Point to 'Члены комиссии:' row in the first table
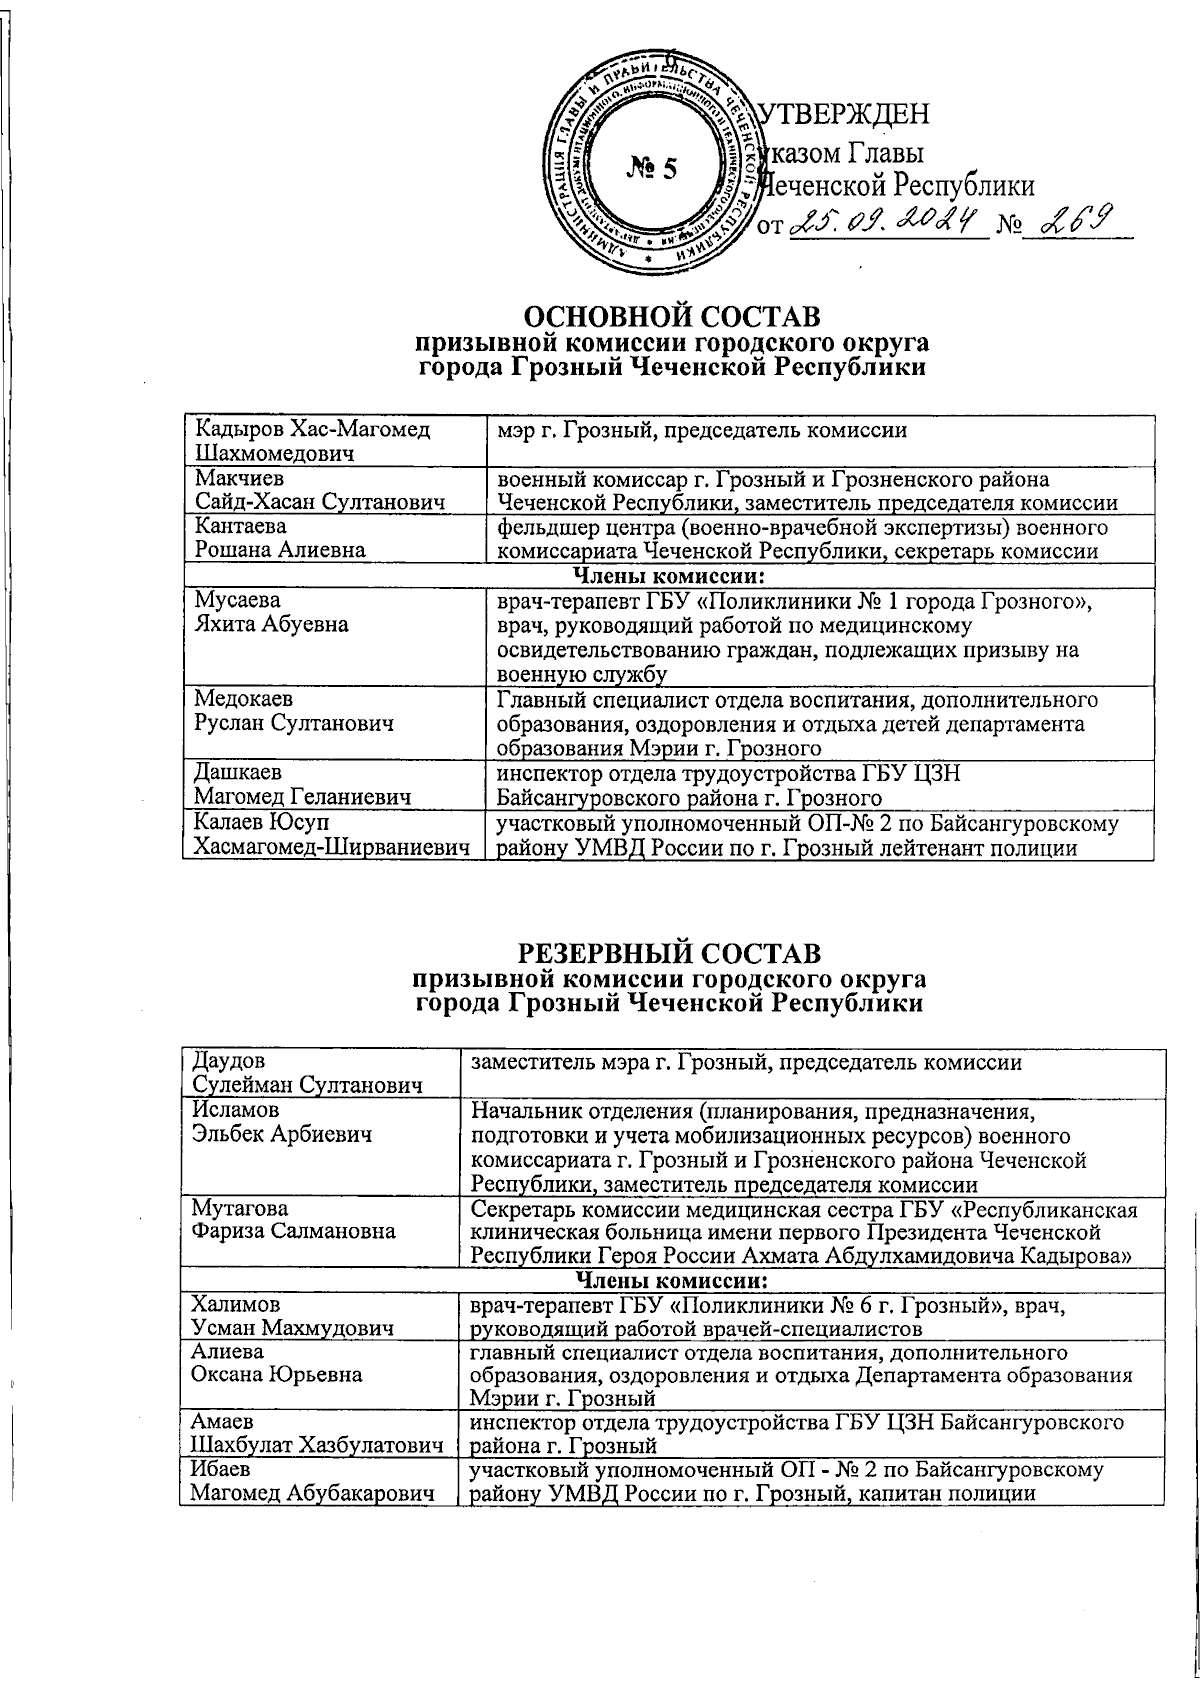tap(668, 576)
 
